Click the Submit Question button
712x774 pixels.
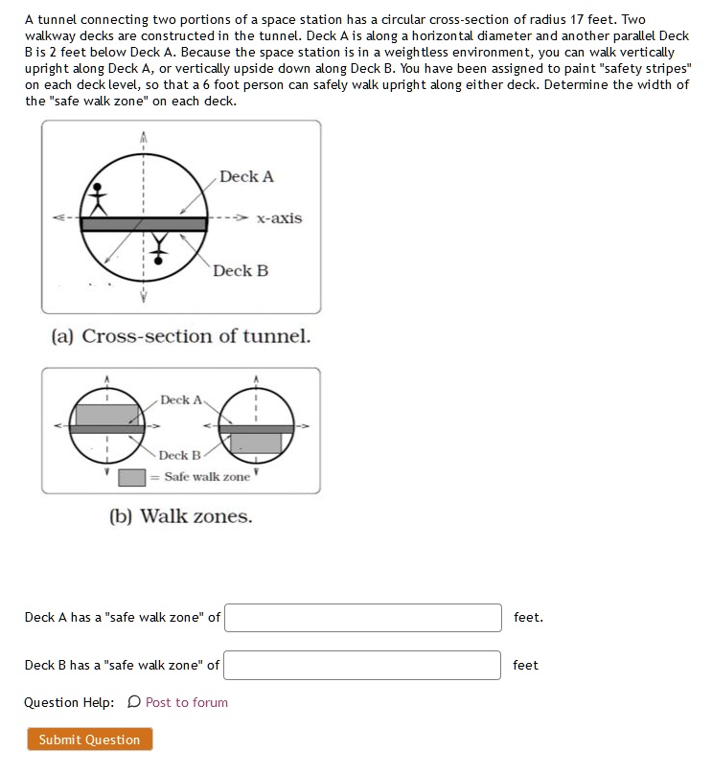point(89,740)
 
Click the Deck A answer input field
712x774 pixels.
point(363,618)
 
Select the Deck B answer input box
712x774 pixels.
point(363,665)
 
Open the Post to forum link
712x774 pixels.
point(187,702)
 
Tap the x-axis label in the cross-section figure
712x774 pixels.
point(279,218)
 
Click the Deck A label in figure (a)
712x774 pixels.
point(246,176)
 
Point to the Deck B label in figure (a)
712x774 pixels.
point(241,271)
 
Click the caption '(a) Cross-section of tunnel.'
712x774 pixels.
point(181,336)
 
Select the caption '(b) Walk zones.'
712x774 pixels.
point(181,516)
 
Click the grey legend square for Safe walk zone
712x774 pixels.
point(131,477)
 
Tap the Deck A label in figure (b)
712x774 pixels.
point(181,399)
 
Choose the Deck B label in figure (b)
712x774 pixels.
point(180,455)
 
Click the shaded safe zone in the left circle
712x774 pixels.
point(106,415)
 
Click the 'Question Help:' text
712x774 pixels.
point(69,702)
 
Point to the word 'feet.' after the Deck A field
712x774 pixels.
point(528,618)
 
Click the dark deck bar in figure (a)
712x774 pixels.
point(144,224)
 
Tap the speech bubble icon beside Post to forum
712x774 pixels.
point(133,702)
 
